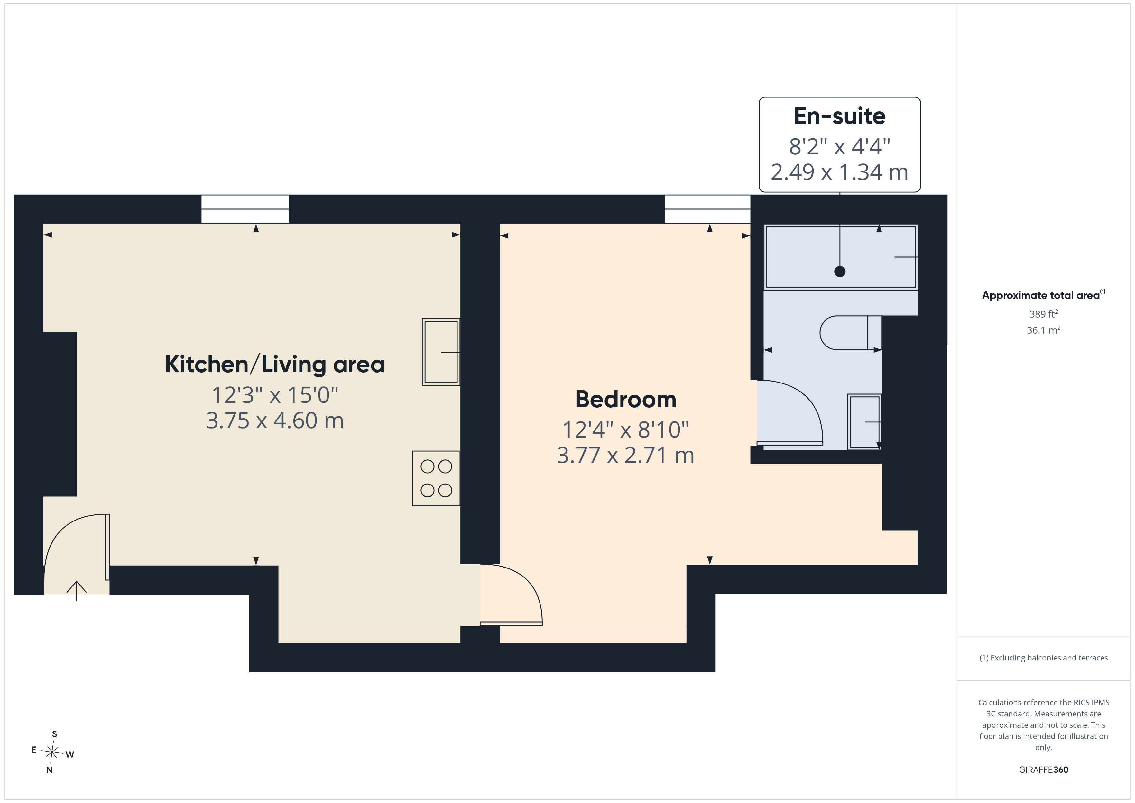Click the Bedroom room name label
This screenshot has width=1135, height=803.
point(625,400)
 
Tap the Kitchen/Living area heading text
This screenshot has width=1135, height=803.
point(275,365)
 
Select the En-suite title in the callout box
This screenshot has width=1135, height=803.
point(839,116)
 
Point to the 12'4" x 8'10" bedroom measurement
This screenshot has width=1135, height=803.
point(625,430)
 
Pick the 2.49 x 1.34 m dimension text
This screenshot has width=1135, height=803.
point(839,172)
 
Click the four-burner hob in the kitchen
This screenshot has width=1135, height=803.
point(436,478)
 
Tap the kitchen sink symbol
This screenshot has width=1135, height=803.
point(441,352)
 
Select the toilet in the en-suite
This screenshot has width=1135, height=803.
point(850,333)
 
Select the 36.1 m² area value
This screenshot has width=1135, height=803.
point(1044,330)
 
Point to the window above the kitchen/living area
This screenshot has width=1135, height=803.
point(245,209)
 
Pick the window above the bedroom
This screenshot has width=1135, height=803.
point(707,209)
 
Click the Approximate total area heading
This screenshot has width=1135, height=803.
point(1044,295)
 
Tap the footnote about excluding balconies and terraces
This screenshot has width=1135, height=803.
point(1044,658)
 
